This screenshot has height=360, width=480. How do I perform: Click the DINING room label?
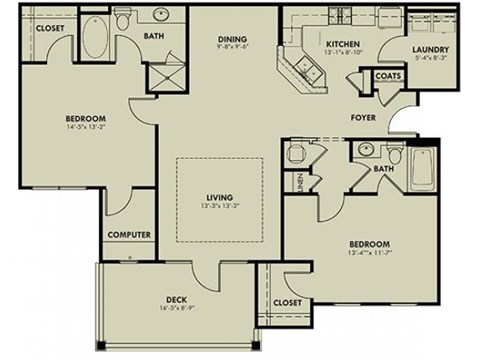coord(234,40)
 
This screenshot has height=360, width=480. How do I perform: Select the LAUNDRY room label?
coord(430,49)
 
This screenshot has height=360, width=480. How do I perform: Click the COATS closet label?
coord(389,75)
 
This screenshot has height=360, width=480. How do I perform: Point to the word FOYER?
coord(362,116)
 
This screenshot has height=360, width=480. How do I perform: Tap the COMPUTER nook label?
coord(129,235)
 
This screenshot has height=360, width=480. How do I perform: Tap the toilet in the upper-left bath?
coord(123,20)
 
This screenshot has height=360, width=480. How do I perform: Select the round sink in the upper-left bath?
coord(159,18)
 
